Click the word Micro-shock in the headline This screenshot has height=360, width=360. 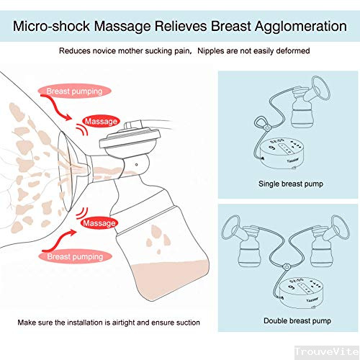click(x=51, y=26)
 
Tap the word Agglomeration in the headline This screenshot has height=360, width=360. click(x=301, y=27)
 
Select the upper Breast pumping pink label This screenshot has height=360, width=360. click(x=74, y=91)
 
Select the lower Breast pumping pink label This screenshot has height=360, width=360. click(x=75, y=256)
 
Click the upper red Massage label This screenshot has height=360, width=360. click(x=101, y=121)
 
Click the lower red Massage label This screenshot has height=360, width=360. click(x=99, y=223)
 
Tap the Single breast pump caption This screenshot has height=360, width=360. click(x=291, y=184)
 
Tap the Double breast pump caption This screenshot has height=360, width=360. click(x=297, y=320)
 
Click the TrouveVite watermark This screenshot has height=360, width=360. click(x=327, y=352)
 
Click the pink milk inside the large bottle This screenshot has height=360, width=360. click(x=169, y=279)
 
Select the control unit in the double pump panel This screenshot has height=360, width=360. click(x=300, y=293)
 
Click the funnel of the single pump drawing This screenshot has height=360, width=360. click(x=320, y=89)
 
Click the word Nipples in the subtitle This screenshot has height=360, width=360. click(x=212, y=51)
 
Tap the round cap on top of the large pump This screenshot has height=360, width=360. click(x=130, y=139)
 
